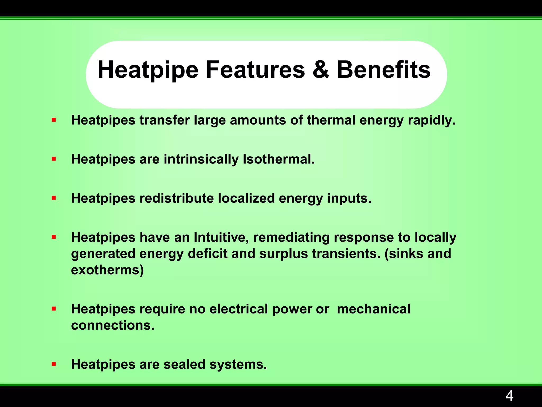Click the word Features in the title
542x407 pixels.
pyautogui.click(x=255, y=70)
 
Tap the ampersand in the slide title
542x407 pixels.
pyautogui.click(x=321, y=70)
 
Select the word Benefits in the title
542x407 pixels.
pyautogui.click(x=383, y=70)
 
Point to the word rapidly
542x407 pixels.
pyautogui.click(x=432, y=120)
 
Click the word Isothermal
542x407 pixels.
pyautogui.click(x=279, y=159)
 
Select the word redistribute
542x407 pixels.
pyautogui.click(x=177, y=198)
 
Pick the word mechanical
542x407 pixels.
pyautogui.click(x=373, y=309)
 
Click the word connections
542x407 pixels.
pyautogui.click(x=112, y=325)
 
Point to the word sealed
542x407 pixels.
pyautogui.click(x=184, y=364)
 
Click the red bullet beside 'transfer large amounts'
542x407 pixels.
pyautogui.click(x=54, y=120)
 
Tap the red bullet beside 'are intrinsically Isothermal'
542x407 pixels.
pyautogui.click(x=54, y=159)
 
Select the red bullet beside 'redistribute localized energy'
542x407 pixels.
pyautogui.click(x=54, y=198)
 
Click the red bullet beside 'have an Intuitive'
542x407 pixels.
pyautogui.click(x=54, y=237)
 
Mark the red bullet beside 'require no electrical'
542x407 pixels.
pyautogui.click(x=54, y=309)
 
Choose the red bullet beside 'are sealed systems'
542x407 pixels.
pyautogui.click(x=54, y=364)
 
